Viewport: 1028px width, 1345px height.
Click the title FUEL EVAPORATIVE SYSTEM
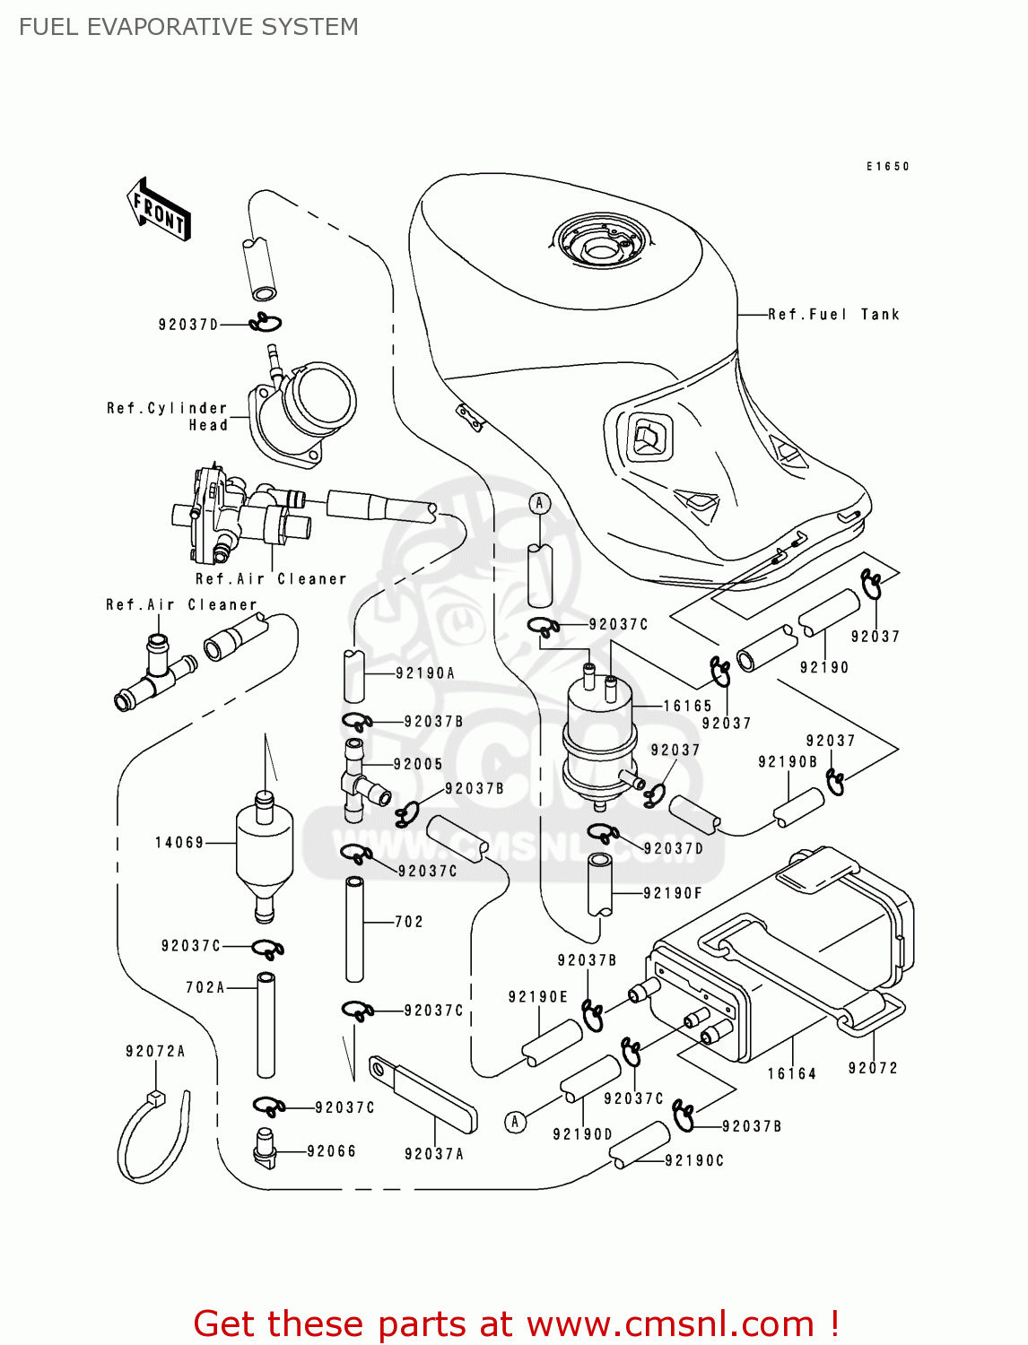188,27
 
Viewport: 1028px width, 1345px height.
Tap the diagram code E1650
887,167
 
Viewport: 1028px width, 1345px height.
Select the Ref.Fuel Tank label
833,315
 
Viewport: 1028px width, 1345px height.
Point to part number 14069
179,843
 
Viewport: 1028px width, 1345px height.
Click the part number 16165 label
687,707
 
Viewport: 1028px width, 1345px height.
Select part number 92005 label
418,765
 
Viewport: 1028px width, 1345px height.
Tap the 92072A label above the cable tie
155,1052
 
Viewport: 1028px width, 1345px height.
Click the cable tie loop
152,1139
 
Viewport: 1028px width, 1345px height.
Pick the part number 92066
331,1151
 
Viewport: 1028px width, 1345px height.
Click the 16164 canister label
792,1074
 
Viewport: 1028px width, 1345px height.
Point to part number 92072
873,1068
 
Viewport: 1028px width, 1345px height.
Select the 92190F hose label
673,893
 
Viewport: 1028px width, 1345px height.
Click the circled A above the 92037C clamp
539,503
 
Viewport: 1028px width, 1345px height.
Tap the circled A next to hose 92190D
515,1122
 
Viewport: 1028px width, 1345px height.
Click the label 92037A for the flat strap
434,1155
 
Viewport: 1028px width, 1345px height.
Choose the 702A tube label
205,988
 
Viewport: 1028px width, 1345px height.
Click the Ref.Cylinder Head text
168,417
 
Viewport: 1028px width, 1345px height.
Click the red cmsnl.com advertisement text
516,1324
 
